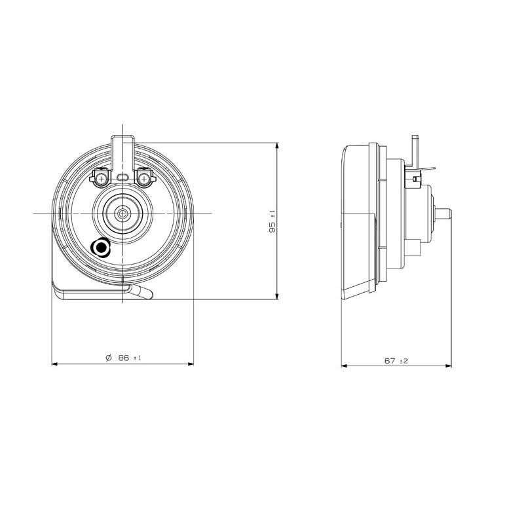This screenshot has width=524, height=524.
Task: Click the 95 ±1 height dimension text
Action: pyautogui.click(x=272, y=221)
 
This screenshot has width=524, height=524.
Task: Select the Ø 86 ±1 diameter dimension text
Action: pyautogui.click(x=123, y=358)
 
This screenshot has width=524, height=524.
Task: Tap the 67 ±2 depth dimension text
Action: pyautogui.click(x=396, y=361)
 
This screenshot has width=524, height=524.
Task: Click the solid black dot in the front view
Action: pyautogui.click(x=100, y=248)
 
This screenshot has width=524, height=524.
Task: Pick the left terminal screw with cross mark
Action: pyautogui.click(x=101, y=179)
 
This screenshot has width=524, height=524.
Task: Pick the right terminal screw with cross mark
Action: pyautogui.click(x=144, y=179)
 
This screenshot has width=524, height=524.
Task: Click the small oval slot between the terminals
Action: pyautogui.click(x=122, y=176)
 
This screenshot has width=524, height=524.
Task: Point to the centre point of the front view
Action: pyautogui.click(x=123, y=214)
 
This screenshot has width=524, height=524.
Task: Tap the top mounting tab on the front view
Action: pyautogui.click(x=123, y=154)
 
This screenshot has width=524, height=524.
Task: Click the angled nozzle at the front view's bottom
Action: pyautogui.click(x=142, y=292)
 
